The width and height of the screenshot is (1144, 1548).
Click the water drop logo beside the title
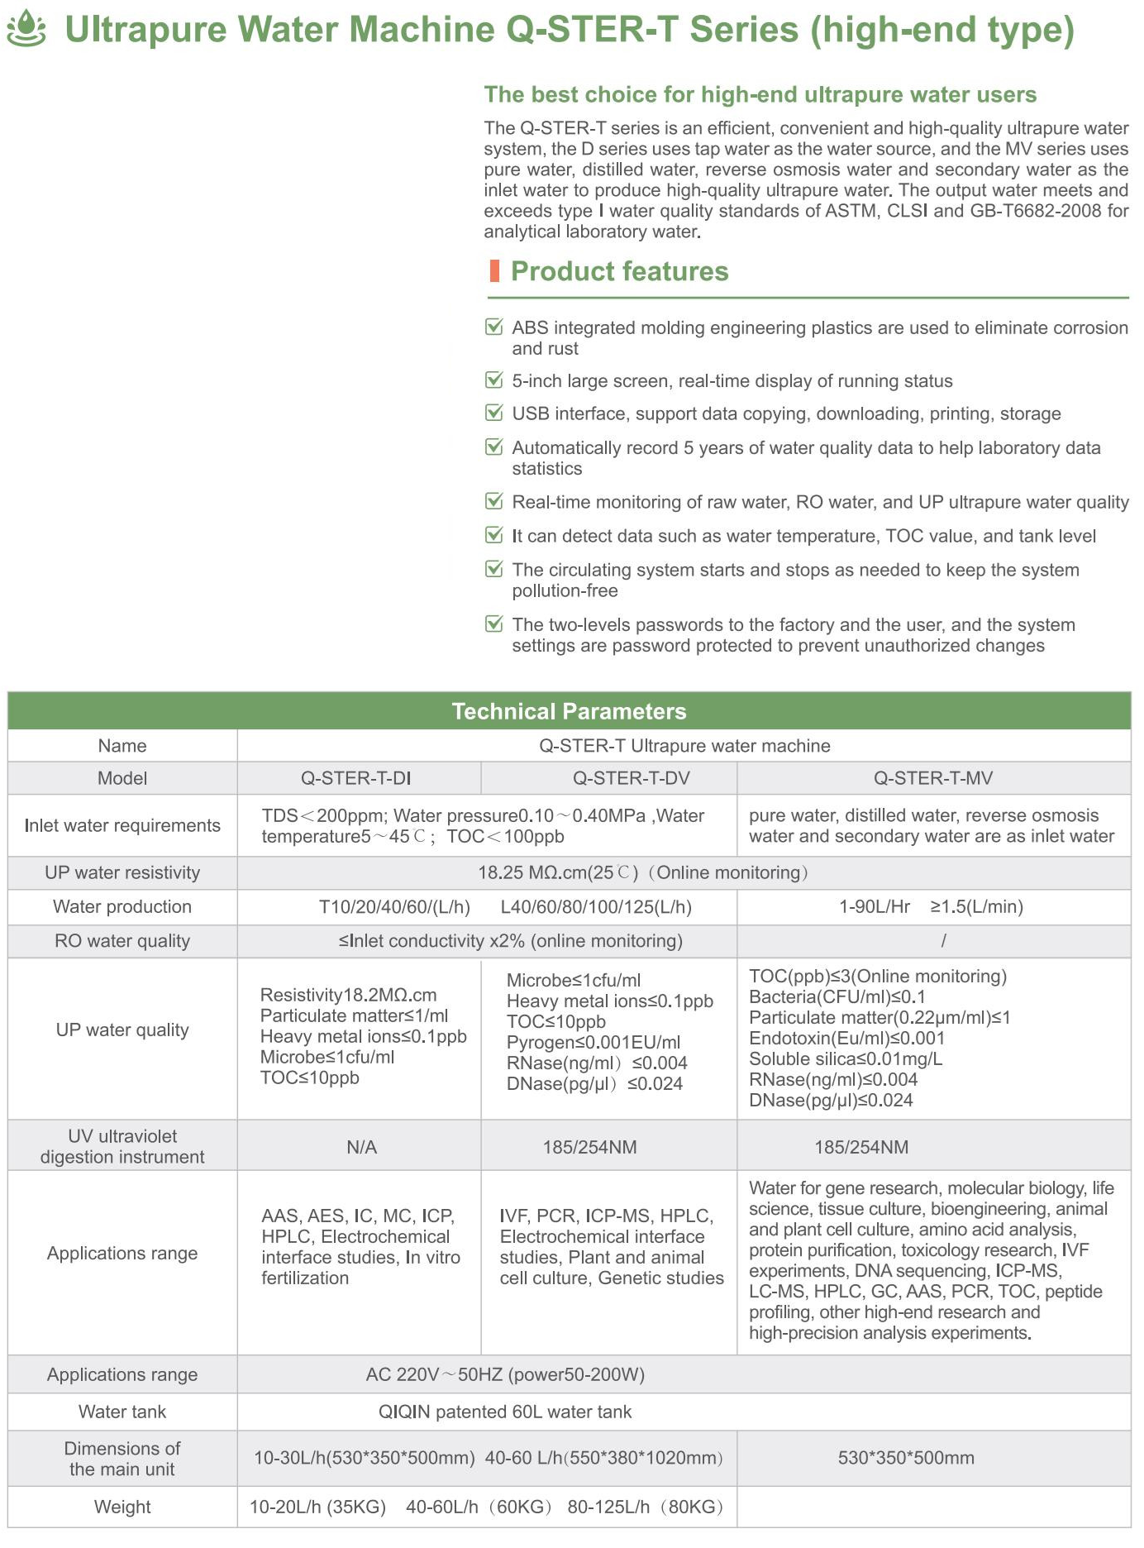(x=26, y=28)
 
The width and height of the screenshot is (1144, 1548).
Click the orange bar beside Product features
(x=494, y=271)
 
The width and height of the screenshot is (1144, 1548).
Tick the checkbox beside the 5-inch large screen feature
(x=494, y=380)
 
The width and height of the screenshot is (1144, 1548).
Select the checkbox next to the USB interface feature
(x=494, y=413)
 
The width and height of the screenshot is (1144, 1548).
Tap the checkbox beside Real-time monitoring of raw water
(x=494, y=501)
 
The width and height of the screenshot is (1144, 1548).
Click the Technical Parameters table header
(x=569, y=711)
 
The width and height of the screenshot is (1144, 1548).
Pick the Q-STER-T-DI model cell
(x=356, y=778)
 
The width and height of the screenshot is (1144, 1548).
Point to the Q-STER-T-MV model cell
(x=933, y=778)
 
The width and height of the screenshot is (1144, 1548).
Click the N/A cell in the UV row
(x=361, y=1147)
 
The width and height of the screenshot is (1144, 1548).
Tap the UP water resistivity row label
(x=122, y=872)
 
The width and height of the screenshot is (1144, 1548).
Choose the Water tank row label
(x=122, y=1412)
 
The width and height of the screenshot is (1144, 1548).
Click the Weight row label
(x=122, y=1507)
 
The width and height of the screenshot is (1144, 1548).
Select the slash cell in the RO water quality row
(x=943, y=941)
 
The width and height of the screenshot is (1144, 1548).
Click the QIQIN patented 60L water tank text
(x=505, y=1412)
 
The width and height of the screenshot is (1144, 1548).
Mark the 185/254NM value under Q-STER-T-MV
(x=861, y=1147)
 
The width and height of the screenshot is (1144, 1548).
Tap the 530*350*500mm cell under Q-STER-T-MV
(x=906, y=1458)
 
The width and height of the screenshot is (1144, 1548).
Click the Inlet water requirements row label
(x=122, y=825)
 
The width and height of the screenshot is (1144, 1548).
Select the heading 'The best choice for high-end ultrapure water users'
(x=760, y=94)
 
